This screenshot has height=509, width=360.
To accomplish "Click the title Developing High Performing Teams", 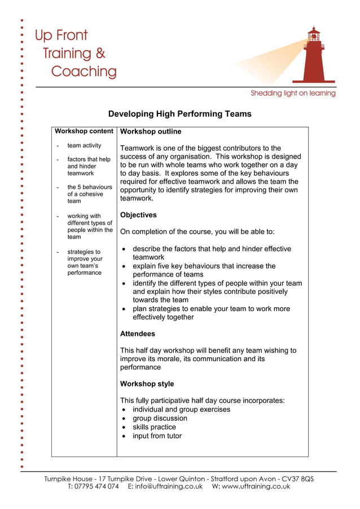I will tap(179, 114).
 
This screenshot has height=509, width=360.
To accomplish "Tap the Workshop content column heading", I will tap(84, 131).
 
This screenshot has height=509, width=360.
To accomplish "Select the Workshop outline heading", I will tap(151, 132).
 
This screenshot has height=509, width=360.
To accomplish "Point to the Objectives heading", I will tap(138, 215).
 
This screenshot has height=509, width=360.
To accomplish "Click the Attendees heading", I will tap(138, 334).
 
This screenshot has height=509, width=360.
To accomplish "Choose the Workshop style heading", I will tap(147, 384).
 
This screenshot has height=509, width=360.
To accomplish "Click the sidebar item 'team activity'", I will tap(84, 146).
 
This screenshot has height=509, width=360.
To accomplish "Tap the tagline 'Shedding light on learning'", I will tap(293, 93).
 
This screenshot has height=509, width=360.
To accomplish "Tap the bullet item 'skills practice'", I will tap(154, 427).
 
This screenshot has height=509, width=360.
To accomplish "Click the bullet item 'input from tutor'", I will tap(157, 436).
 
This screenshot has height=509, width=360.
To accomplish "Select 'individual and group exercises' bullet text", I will tap(181, 410).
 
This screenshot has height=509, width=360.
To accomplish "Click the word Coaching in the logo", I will tap(84, 72).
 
